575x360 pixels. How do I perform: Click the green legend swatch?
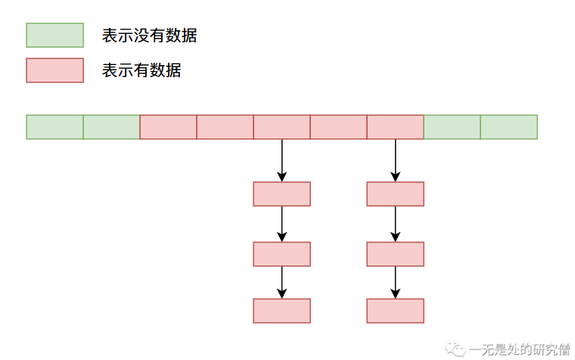coord(54,35)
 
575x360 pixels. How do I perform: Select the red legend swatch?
coord(54,70)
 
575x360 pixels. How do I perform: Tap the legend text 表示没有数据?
coord(149,35)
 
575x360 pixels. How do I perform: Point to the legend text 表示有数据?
coord(141,71)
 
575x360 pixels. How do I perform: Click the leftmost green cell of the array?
coord(54,127)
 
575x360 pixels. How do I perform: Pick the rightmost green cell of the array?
coord(508,127)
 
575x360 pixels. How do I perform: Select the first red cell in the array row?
coord(168,127)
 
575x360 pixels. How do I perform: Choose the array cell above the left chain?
coord(281,127)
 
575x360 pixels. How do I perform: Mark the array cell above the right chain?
coord(395,127)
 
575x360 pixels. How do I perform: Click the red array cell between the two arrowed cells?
coord(338,127)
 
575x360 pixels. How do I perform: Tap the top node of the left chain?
coord(281,194)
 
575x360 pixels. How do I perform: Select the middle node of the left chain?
coord(281,254)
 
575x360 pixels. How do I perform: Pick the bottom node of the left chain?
coord(281,311)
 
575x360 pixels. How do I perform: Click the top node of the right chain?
coord(395,194)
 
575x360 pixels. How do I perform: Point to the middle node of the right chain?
coord(395,254)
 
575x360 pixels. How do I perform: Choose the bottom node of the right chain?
coord(395,311)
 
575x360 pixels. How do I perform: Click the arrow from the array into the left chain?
coord(281,160)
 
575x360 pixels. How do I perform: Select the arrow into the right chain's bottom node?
coord(395,283)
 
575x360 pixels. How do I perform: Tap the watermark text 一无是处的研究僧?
coord(519,349)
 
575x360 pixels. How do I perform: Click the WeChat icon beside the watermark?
coord(457,348)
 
